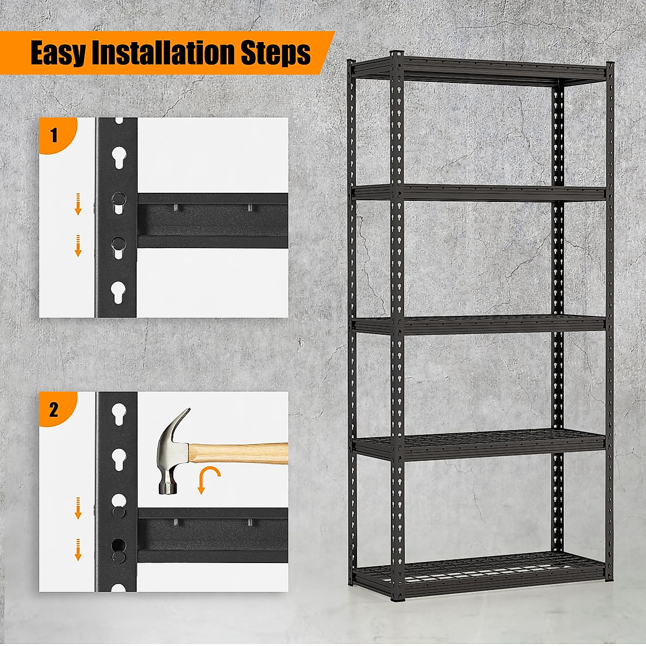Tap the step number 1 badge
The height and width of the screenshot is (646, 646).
pyautogui.click(x=54, y=135)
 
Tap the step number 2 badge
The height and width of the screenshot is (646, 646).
pyautogui.click(x=54, y=410)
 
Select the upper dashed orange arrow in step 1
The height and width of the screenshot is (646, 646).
pyautogui.click(x=78, y=203)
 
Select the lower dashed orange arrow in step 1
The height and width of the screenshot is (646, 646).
pyautogui.click(x=78, y=245)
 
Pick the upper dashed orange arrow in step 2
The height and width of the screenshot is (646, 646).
pyautogui.click(x=78, y=507)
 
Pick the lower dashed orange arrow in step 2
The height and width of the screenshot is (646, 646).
pyautogui.click(x=78, y=549)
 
